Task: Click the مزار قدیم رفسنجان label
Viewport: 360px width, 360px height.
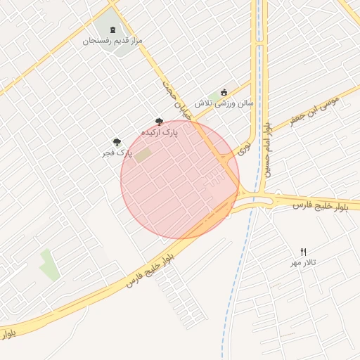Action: (113, 41)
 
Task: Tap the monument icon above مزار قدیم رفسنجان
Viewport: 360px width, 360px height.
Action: (114, 30)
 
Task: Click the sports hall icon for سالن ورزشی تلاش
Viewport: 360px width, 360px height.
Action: (224, 92)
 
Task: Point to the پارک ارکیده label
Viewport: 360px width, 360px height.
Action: (160, 131)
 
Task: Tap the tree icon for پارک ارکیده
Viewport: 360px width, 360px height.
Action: (160, 122)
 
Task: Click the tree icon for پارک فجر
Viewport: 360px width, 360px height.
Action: (117, 142)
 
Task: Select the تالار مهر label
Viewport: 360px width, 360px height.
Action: (304, 262)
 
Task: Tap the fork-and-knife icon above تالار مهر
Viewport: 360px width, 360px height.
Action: (304, 252)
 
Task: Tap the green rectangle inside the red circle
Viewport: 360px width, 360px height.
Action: (143, 155)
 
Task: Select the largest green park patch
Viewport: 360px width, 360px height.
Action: (49, 264)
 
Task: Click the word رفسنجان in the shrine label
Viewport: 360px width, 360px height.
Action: (98, 41)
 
